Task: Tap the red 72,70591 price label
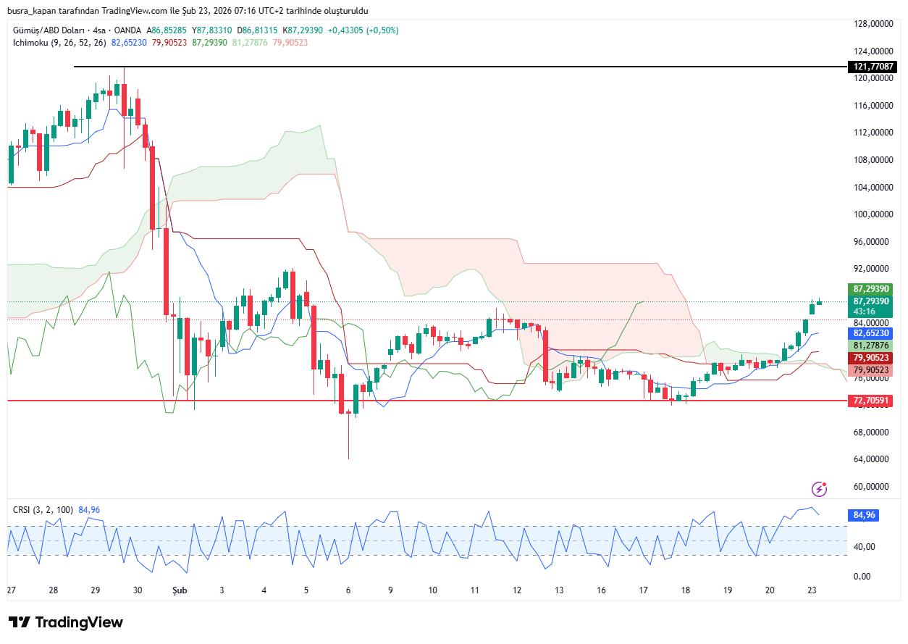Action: point(871,401)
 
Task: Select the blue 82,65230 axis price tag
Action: point(871,333)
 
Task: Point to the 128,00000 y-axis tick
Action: point(871,24)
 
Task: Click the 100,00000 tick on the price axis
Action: point(871,214)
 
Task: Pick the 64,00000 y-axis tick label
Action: point(871,459)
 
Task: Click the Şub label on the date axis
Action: point(178,590)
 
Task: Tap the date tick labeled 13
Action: point(559,590)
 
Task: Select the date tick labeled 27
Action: point(11,590)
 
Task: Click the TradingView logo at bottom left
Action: point(66,622)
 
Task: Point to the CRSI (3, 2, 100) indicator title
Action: point(43,510)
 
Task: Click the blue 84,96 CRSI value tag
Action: point(865,515)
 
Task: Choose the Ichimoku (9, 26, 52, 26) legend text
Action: point(59,43)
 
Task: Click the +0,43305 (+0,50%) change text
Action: point(363,30)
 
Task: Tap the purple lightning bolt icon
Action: point(820,489)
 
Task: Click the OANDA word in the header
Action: point(127,30)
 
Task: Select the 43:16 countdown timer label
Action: point(865,311)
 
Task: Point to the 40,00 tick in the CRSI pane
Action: point(864,547)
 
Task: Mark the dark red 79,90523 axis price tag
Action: point(871,358)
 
